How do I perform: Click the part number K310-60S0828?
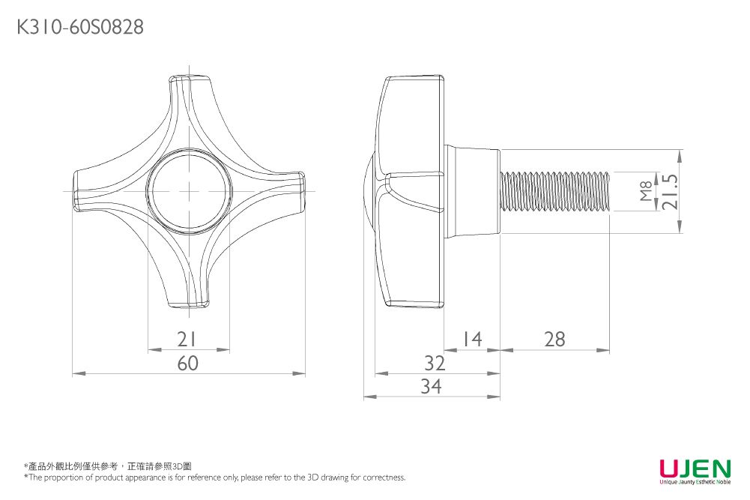80,28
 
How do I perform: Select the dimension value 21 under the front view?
188,340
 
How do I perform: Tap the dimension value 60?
188,364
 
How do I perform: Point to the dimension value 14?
472,340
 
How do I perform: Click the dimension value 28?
555,340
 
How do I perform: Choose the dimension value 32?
435,364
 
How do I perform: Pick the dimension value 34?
431,387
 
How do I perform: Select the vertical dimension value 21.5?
668,191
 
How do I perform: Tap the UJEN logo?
695,469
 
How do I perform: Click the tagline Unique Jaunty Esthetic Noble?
695,484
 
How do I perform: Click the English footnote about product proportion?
214,478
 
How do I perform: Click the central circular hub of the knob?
188,189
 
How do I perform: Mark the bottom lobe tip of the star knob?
189,301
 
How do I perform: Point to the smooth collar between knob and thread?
474,192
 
